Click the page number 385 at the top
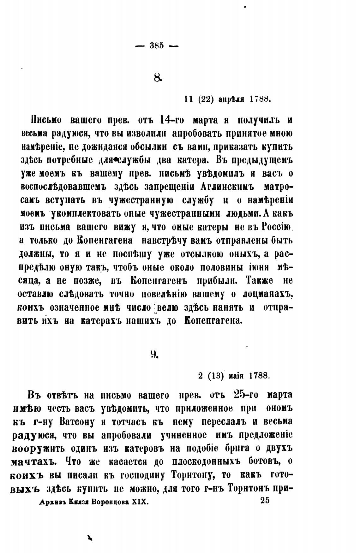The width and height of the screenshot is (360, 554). click(157, 45)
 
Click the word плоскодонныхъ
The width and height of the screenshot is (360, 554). click(205, 462)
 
